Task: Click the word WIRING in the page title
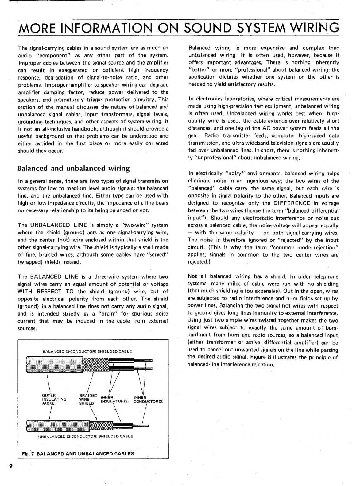point(307,28)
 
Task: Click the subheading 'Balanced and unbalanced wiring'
point(74,169)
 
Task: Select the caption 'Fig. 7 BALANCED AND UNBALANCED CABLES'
point(78,453)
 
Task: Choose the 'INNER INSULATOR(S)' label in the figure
point(114,399)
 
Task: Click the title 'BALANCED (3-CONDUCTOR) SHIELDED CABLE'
point(87,351)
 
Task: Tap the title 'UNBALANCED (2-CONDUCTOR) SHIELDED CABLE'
point(85,436)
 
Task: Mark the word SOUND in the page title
point(213,28)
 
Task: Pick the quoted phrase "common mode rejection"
point(311,248)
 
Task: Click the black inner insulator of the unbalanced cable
point(128,425)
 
